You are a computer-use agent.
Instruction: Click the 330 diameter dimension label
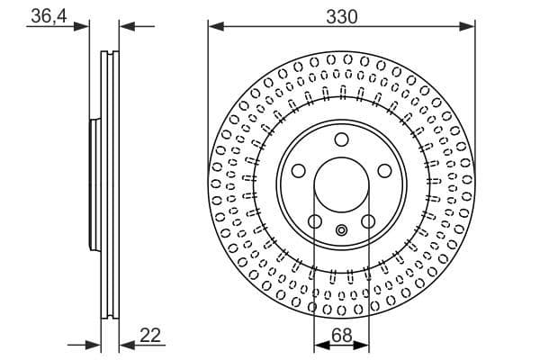[x=342, y=16]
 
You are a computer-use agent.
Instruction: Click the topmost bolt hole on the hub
[x=341, y=139]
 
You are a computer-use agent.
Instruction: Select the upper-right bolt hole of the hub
[x=384, y=171]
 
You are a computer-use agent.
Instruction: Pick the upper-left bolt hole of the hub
[x=298, y=171]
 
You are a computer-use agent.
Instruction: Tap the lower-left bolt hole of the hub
[x=315, y=221]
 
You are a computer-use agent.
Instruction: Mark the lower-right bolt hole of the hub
[x=367, y=221]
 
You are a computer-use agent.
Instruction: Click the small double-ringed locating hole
[x=341, y=230]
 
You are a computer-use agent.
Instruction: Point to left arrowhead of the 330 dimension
[x=215, y=27]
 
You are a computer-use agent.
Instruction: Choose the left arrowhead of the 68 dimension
[x=319, y=343]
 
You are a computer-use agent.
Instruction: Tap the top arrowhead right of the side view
[x=126, y=27]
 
